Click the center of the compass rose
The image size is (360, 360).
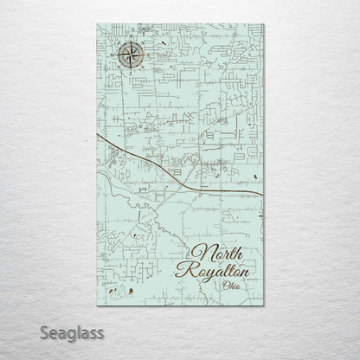pyautogui.click(x=128, y=59)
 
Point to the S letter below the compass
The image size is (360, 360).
pyautogui.click(x=128, y=75)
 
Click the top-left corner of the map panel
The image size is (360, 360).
pyautogui.click(x=97, y=25)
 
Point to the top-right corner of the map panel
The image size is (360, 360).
pyautogui.click(x=264, y=25)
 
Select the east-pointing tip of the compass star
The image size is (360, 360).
pyautogui.click(x=143, y=59)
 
